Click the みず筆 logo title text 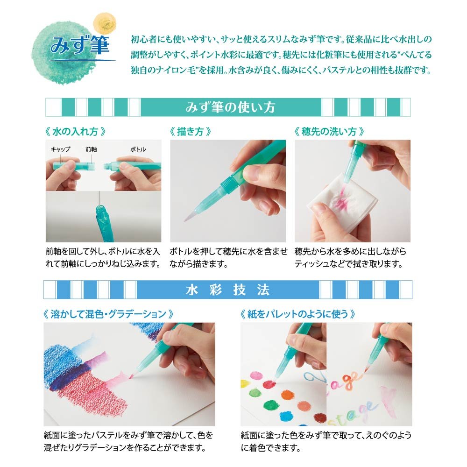coord(79,45)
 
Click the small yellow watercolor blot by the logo coord(105,23)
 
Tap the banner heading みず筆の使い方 coord(230,107)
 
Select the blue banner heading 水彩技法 coord(228,290)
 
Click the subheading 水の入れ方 coord(75,131)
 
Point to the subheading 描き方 coord(190,131)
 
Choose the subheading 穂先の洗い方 coord(329,131)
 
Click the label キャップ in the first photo coord(60,149)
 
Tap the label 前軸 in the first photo coord(91,149)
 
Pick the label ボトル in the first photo coord(138,149)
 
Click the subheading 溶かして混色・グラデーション coord(108,314)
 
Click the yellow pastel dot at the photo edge coord(244,383)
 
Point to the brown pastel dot coord(320,417)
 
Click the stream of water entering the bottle coord(99,198)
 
